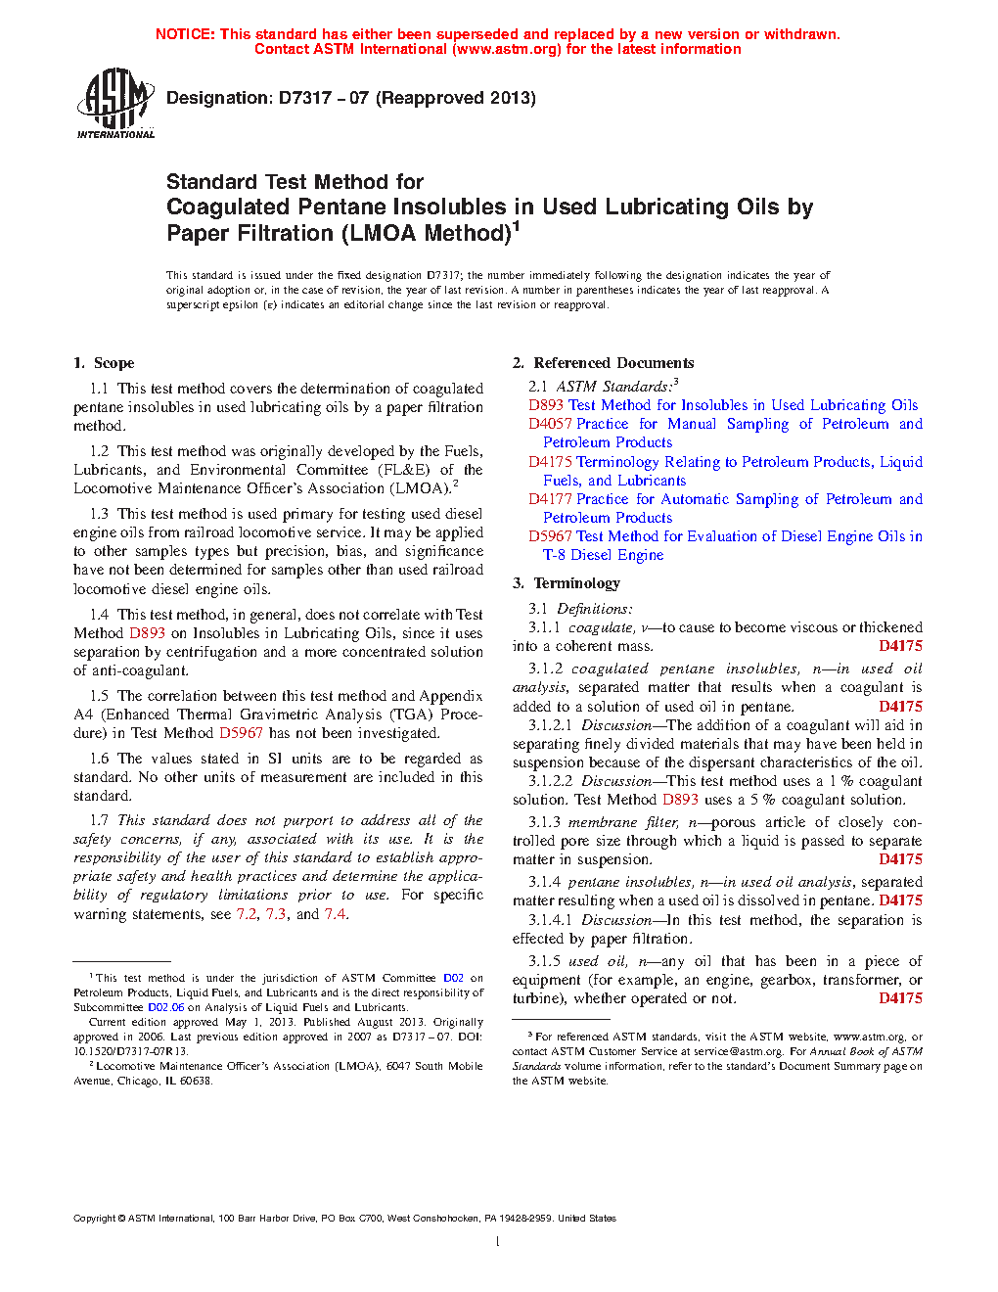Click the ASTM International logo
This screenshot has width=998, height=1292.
(x=115, y=103)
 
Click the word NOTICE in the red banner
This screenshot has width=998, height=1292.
(x=185, y=34)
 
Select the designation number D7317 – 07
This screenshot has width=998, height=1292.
(x=323, y=98)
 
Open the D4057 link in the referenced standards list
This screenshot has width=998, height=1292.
(x=550, y=424)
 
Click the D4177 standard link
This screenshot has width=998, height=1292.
(x=550, y=499)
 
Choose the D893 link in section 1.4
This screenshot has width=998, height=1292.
(x=147, y=633)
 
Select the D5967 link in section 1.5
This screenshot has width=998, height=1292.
(x=241, y=733)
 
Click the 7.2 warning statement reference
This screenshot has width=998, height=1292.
(x=247, y=914)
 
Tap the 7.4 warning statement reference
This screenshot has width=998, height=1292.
(x=336, y=914)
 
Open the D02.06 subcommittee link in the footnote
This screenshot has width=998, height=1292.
(x=165, y=1007)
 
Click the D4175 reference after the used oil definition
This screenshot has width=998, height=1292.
(x=900, y=998)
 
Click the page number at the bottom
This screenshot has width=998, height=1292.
(x=498, y=1242)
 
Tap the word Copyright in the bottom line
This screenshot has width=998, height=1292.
(x=95, y=1219)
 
